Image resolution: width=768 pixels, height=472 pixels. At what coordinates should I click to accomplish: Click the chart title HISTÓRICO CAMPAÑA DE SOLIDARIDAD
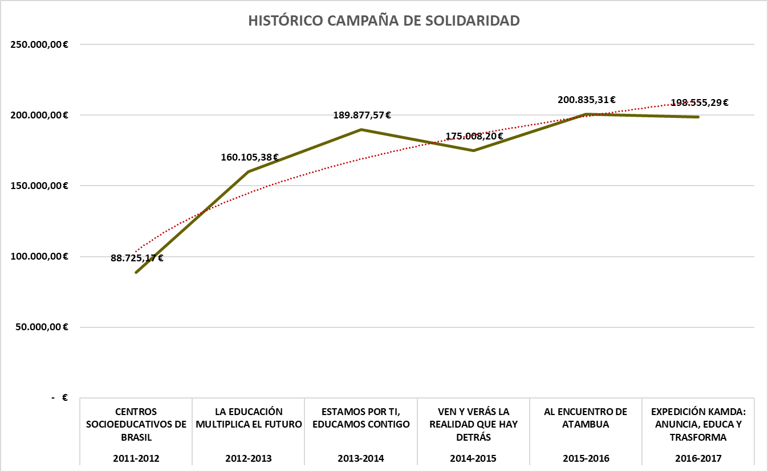pos(384,20)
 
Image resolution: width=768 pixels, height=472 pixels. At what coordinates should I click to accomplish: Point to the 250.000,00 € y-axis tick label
pos(39,44)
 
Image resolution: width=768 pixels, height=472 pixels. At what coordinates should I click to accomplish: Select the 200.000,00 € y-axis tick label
pos(39,115)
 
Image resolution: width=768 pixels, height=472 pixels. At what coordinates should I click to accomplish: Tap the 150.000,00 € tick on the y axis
pos(39,186)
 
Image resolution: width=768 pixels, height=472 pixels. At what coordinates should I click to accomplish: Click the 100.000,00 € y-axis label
pos(39,256)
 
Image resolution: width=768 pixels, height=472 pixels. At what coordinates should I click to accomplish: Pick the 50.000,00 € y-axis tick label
pos(42,327)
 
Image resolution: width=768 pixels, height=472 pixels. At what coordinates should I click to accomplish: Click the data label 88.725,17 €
pos(137,258)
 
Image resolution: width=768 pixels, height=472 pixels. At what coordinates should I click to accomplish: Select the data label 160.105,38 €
pos(249,158)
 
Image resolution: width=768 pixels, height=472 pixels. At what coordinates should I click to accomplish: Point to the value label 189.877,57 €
pos(361,116)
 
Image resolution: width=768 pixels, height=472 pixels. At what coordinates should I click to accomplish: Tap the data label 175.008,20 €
pos(474,136)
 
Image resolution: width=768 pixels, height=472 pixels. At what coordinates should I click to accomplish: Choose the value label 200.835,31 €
pos(587,100)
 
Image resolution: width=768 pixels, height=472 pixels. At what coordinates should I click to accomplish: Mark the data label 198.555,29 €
pos(699,102)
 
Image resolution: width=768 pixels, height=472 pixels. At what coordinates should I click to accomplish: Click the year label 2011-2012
pos(136,459)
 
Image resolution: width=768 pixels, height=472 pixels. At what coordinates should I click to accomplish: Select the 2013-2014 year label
pos(361,459)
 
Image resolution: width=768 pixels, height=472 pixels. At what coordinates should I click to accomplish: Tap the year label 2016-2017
pos(698,459)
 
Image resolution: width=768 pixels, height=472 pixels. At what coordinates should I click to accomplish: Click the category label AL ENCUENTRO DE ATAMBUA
pos(586,418)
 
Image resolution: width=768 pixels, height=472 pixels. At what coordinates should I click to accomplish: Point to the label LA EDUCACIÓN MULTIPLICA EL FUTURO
pos(249,418)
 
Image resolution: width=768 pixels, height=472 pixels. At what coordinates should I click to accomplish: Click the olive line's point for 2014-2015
pos(473,151)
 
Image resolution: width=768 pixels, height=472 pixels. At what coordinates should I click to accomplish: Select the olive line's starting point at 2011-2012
pos(136,273)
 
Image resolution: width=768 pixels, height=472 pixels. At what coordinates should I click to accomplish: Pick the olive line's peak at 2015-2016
pos(586,114)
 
